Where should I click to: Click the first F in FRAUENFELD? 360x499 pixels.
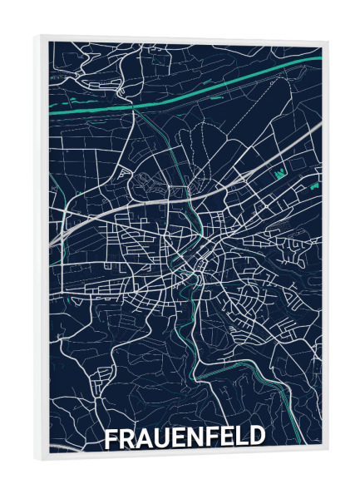(x=111, y=438)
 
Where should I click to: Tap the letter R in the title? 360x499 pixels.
(x=127, y=438)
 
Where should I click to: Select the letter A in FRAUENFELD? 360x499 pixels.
(x=145, y=438)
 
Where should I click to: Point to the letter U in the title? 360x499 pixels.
(x=163, y=438)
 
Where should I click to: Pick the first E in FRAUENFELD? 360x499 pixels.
(x=180, y=438)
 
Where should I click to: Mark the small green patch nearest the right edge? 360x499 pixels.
(x=313, y=186)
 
